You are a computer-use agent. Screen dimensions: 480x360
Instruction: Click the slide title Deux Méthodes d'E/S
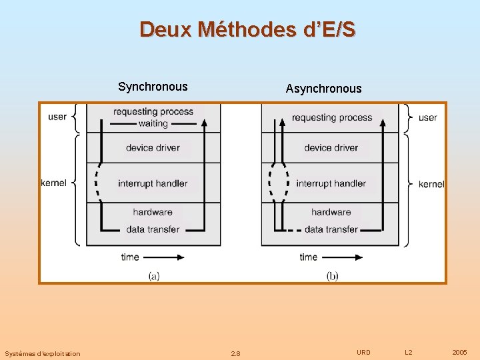point(247,29)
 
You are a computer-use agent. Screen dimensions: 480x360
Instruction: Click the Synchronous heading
point(153,87)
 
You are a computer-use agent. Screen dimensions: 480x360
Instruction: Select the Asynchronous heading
point(323,89)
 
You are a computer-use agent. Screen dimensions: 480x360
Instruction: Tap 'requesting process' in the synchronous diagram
point(153,112)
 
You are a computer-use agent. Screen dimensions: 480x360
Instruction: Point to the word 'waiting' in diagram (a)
point(153,123)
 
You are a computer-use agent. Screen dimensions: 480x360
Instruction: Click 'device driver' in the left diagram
point(153,147)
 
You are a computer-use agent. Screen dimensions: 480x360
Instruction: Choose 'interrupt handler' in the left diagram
point(153,183)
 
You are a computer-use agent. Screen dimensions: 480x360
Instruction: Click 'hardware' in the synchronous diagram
point(153,212)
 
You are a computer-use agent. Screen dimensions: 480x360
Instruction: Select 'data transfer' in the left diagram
point(153,229)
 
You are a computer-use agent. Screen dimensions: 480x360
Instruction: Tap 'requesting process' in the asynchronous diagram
point(331,118)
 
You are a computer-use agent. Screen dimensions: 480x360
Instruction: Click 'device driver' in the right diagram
point(331,147)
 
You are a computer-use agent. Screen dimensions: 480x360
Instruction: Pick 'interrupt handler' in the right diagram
point(331,183)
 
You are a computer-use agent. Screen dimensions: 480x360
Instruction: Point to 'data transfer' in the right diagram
point(331,229)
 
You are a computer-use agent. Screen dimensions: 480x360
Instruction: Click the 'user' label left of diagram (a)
point(57,117)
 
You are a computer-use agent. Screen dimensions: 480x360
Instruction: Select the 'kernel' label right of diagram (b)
point(431,184)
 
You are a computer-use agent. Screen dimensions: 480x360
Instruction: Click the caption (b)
point(332,275)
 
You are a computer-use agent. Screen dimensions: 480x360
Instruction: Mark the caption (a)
point(154,275)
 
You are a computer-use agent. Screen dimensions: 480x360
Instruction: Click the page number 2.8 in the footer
point(235,353)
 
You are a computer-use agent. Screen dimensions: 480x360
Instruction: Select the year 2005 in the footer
point(459,352)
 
